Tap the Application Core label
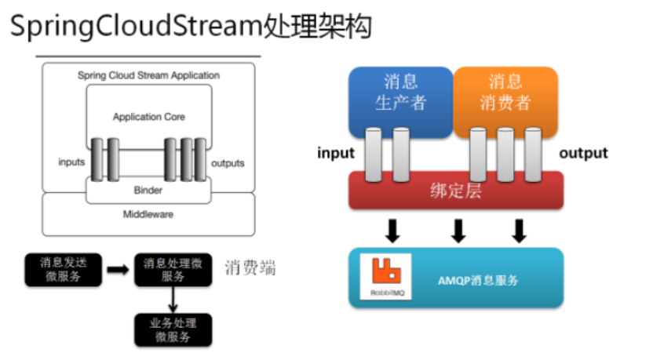(148, 117)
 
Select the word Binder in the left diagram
(148, 189)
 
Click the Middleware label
(148, 213)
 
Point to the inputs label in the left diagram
(72, 163)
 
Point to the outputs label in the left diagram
(228, 163)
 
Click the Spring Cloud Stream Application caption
(148, 75)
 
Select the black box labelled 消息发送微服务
(62, 269)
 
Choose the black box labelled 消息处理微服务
(173, 269)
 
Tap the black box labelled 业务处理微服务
(173, 329)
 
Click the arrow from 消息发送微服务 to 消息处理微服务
(117, 269)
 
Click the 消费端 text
(250, 268)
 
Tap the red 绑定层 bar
(456, 191)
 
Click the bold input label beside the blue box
(336, 153)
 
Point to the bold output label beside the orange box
(583, 153)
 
